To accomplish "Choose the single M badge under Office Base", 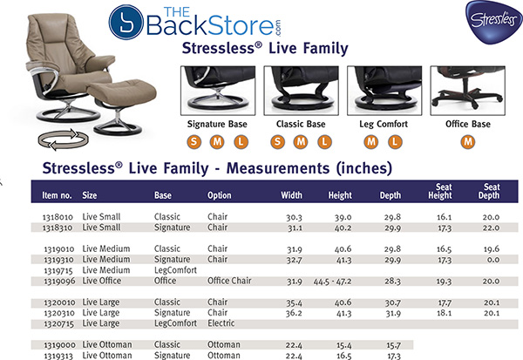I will coord(469,142).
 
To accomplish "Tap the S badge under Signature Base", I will coord(194,142).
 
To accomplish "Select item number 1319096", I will coord(57,281).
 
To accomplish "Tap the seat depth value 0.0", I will coord(490,260).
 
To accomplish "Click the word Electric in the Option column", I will coord(221,323).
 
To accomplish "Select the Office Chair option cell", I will coord(228,281).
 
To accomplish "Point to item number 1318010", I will coord(57,216).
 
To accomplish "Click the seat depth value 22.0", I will coord(490,227).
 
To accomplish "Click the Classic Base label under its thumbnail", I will coord(301,125).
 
